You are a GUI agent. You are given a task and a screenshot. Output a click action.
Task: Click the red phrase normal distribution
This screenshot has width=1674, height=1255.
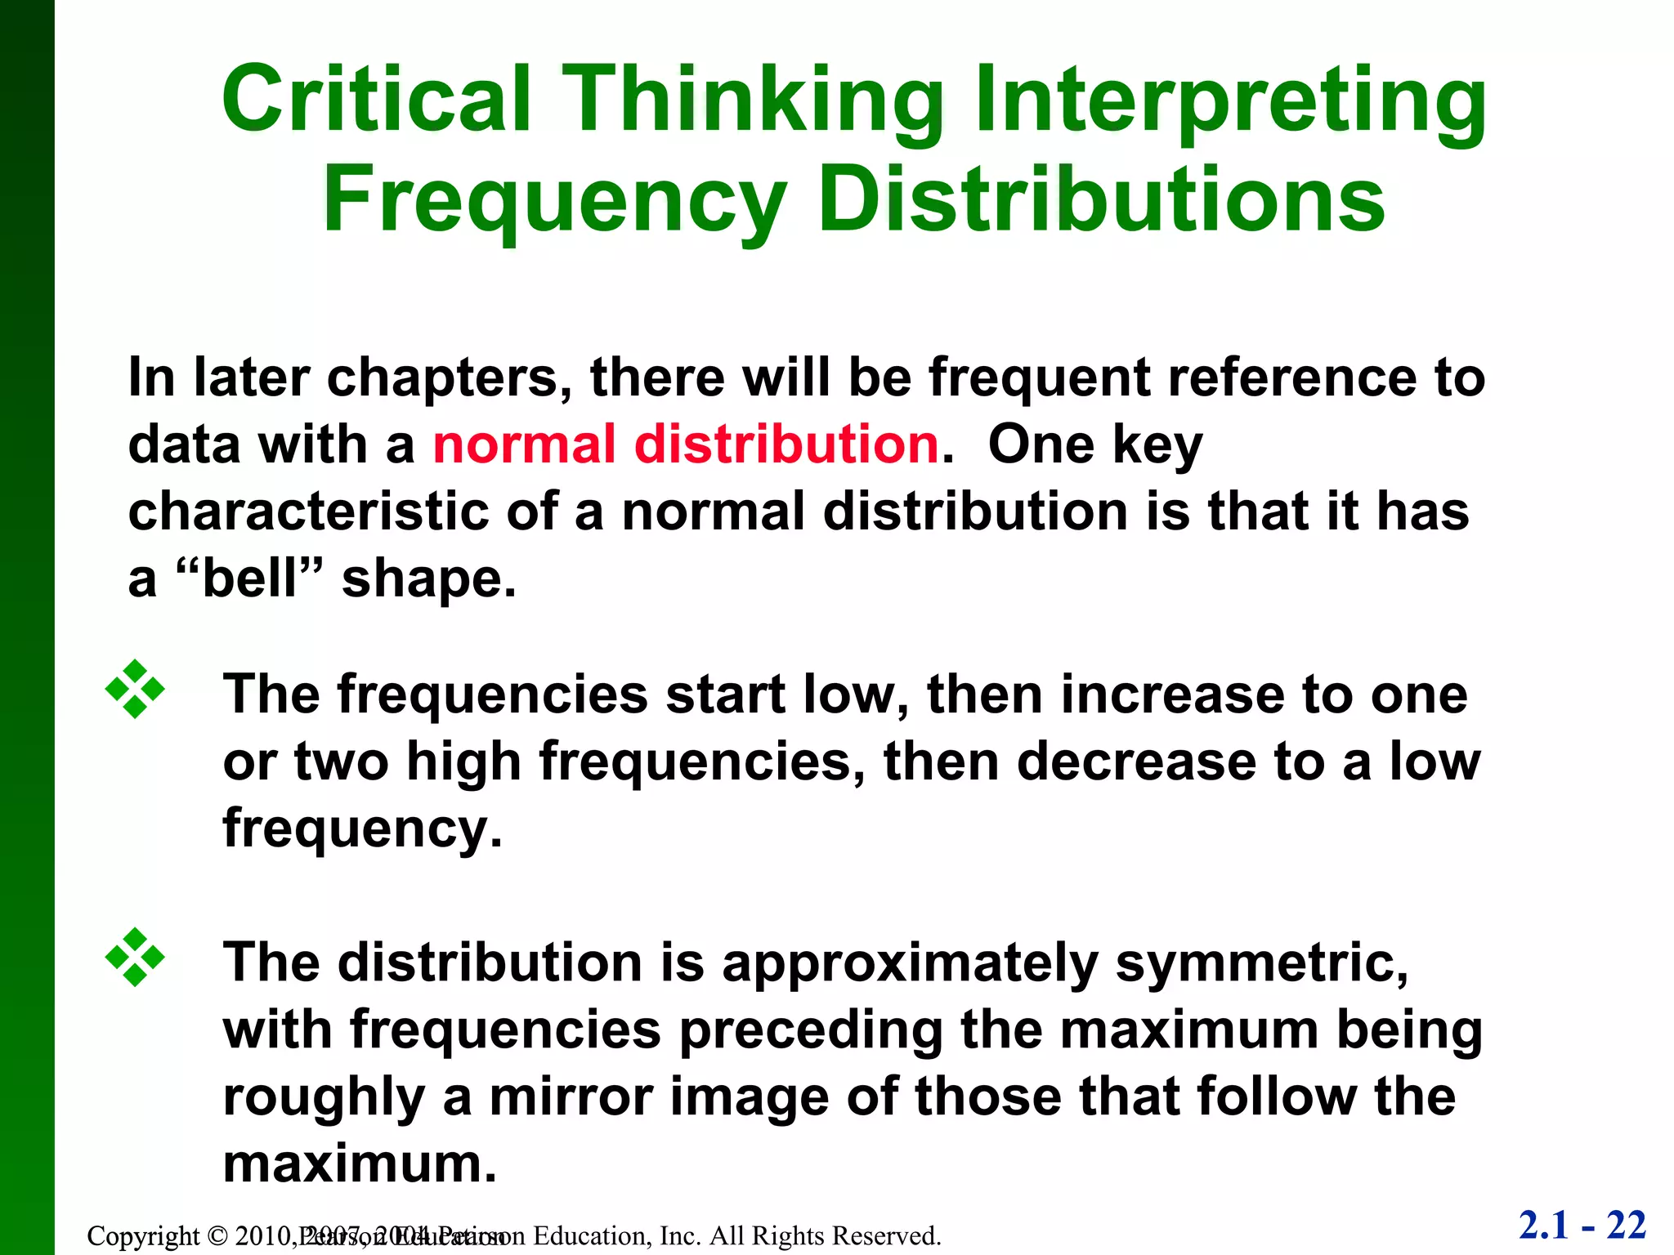(x=685, y=444)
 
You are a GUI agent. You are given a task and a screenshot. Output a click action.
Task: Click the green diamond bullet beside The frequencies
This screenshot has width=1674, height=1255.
(x=135, y=690)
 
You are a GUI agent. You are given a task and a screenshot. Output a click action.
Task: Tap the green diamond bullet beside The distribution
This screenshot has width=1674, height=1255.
(x=135, y=958)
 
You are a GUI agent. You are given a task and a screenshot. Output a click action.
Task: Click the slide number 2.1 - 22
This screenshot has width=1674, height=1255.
(x=1582, y=1226)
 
